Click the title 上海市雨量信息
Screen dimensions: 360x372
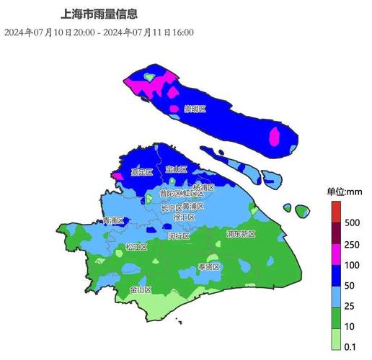pos(100,14)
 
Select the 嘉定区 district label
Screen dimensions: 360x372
pos(141,172)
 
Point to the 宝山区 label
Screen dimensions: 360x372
pos(176,169)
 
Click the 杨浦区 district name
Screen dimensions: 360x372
pos(204,187)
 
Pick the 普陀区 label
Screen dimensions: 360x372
pos(169,194)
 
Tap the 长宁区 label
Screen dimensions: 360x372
pos(172,207)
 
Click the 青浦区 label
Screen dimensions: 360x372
pos(114,220)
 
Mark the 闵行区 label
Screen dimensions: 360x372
pos(179,235)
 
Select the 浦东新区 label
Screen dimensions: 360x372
pos(241,234)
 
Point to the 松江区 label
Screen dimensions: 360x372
pos(136,247)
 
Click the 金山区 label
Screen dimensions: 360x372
pos(141,289)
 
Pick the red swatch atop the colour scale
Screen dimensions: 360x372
pos(335,211)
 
